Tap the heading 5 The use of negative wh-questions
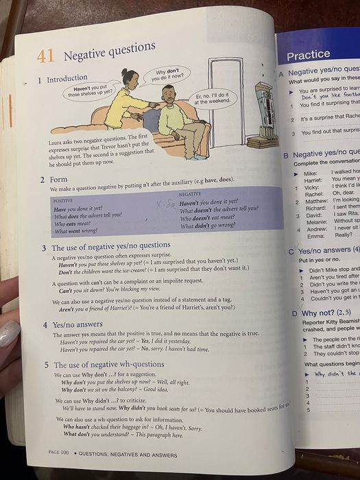click(104, 365)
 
